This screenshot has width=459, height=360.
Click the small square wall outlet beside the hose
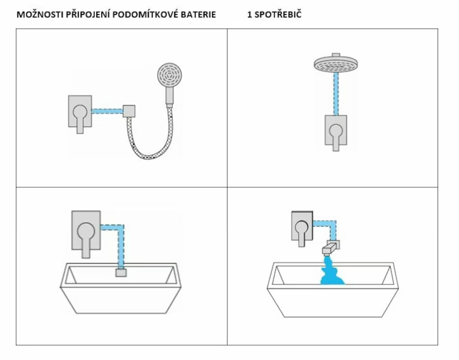pyautogui.click(x=129, y=111)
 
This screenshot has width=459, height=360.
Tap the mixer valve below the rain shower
pyautogui.click(x=336, y=131)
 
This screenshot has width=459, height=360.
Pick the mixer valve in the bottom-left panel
pyautogui.click(x=86, y=231)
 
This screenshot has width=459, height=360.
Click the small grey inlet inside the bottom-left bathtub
pyautogui.click(x=120, y=272)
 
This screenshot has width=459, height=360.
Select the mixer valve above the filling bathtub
pyautogui.click(x=300, y=227)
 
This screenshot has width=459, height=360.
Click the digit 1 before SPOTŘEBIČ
pyautogui.click(x=249, y=14)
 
